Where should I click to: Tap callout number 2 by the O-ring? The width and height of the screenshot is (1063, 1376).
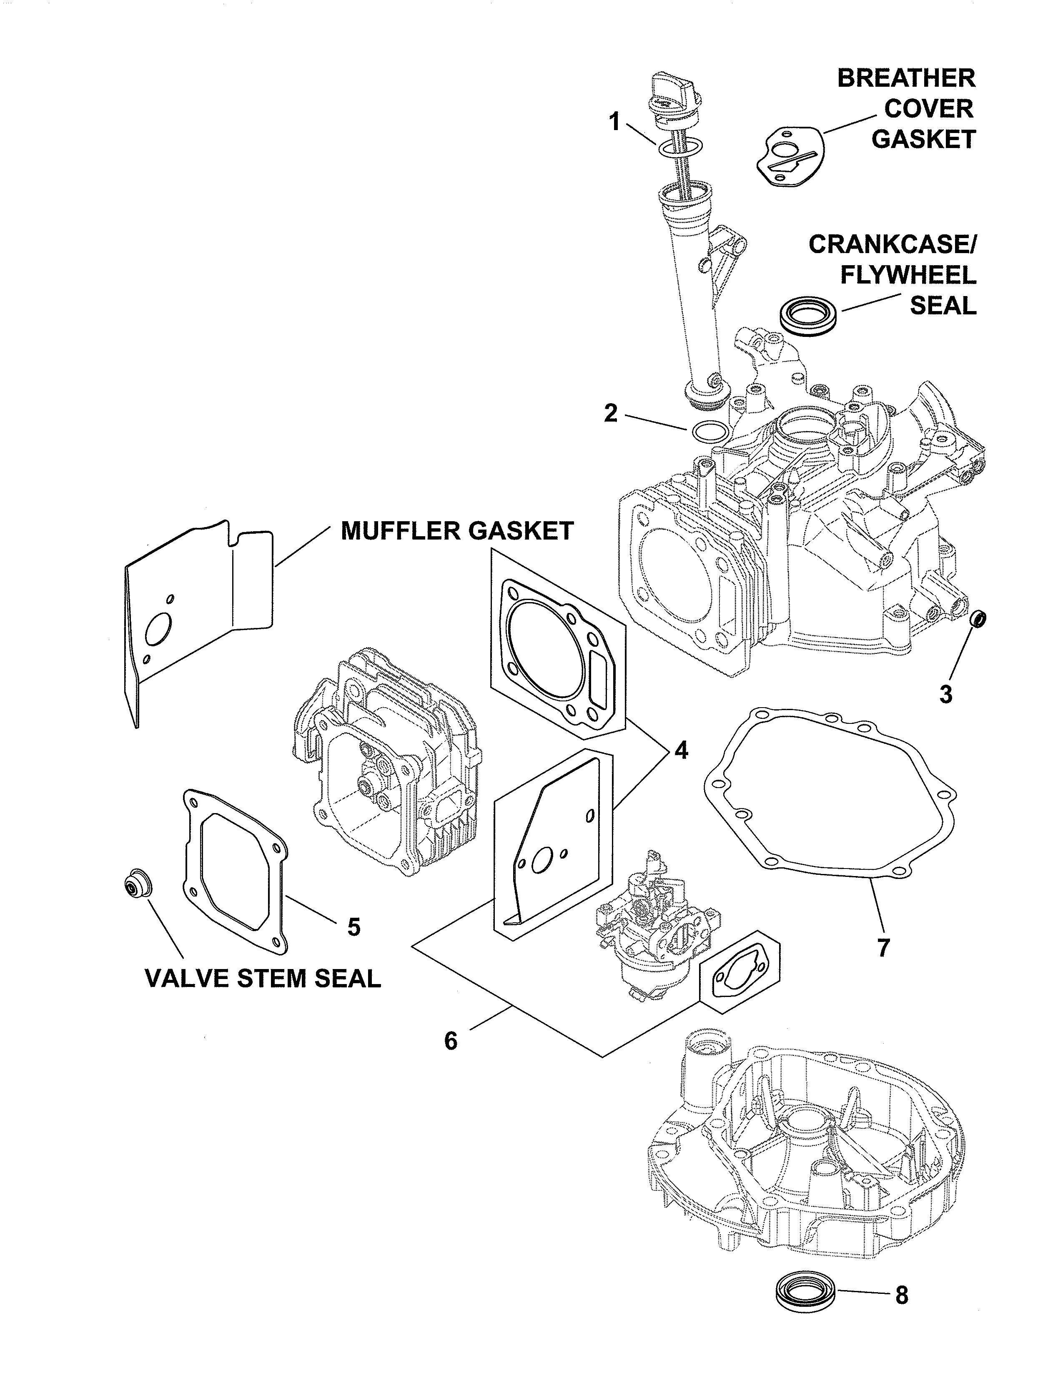[610, 413]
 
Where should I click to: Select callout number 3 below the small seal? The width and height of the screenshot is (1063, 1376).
[945, 694]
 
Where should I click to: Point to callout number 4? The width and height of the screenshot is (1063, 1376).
[681, 750]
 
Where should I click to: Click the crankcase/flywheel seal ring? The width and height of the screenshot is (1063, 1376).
[809, 314]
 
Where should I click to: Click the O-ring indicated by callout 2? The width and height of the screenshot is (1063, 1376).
[710, 432]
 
